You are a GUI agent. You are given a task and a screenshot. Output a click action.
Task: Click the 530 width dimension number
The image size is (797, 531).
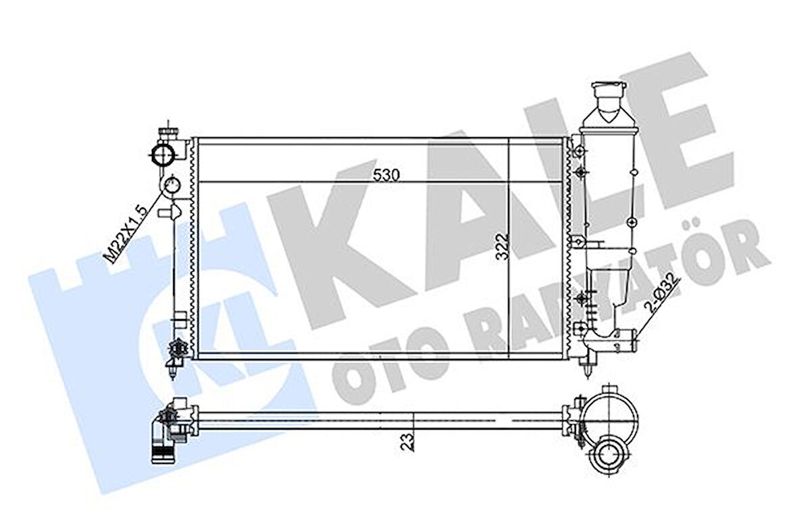tap(386, 174)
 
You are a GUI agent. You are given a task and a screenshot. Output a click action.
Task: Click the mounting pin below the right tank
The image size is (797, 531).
tap(591, 365)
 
